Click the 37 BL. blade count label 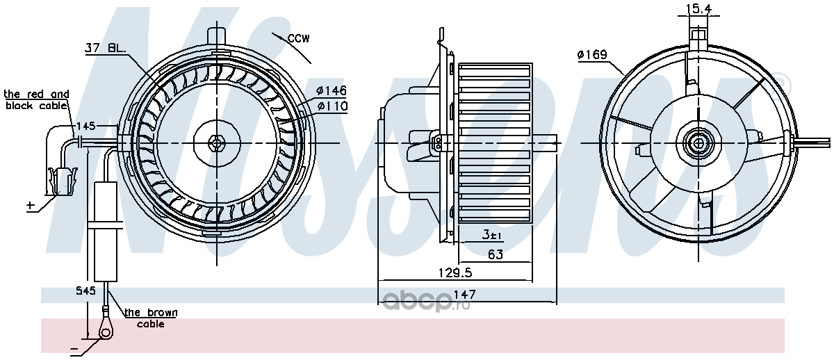click(x=106, y=48)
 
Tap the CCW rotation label click(x=298, y=38)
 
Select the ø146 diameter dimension click(x=332, y=90)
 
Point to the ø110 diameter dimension click(x=332, y=106)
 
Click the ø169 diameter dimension click(x=592, y=55)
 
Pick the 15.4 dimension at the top click(x=699, y=8)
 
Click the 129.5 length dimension click(x=455, y=273)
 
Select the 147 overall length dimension click(x=464, y=295)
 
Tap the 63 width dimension click(x=495, y=254)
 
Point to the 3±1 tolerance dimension click(x=492, y=234)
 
